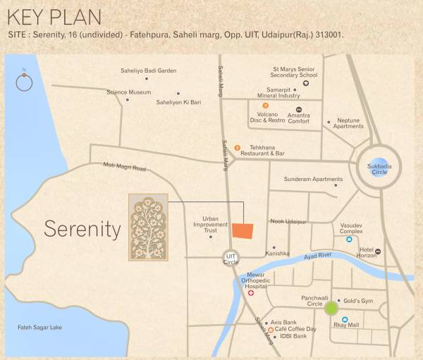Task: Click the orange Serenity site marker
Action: [x=243, y=231]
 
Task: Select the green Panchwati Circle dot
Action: [x=331, y=308]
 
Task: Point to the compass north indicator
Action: [x=24, y=82]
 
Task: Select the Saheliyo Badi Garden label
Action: [x=148, y=71]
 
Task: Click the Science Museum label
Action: [x=128, y=92]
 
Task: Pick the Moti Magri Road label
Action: [x=124, y=168]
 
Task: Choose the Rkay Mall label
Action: [x=346, y=325]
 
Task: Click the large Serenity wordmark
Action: [x=82, y=228]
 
